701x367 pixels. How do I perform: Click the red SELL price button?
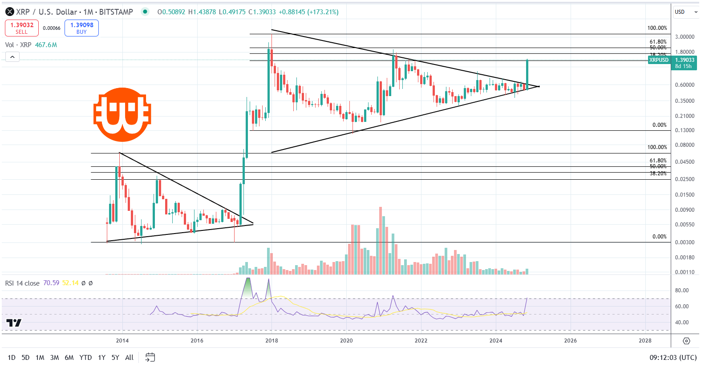coord(21,28)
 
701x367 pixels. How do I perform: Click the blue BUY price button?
coord(81,28)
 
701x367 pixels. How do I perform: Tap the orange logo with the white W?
coord(122,115)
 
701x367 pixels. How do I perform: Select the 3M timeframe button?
coord(54,357)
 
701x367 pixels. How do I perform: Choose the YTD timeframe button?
coord(85,357)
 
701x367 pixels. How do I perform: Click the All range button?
coord(129,357)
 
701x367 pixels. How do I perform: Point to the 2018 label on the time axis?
coord(271,341)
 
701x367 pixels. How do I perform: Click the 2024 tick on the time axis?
coord(495,341)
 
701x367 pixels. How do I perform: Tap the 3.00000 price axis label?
coord(685,37)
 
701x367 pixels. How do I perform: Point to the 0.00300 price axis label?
coord(685,242)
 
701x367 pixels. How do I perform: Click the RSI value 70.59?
coord(51,283)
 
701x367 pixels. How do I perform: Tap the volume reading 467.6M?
coord(46,45)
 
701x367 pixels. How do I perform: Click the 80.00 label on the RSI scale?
coord(681,290)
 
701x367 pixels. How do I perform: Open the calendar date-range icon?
coord(150,357)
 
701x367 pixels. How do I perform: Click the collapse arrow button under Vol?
coord(12,56)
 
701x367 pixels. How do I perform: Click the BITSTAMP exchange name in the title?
coord(116,12)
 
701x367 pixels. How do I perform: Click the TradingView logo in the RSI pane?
coord(14,323)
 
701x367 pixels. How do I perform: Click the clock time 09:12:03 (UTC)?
coord(673,357)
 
